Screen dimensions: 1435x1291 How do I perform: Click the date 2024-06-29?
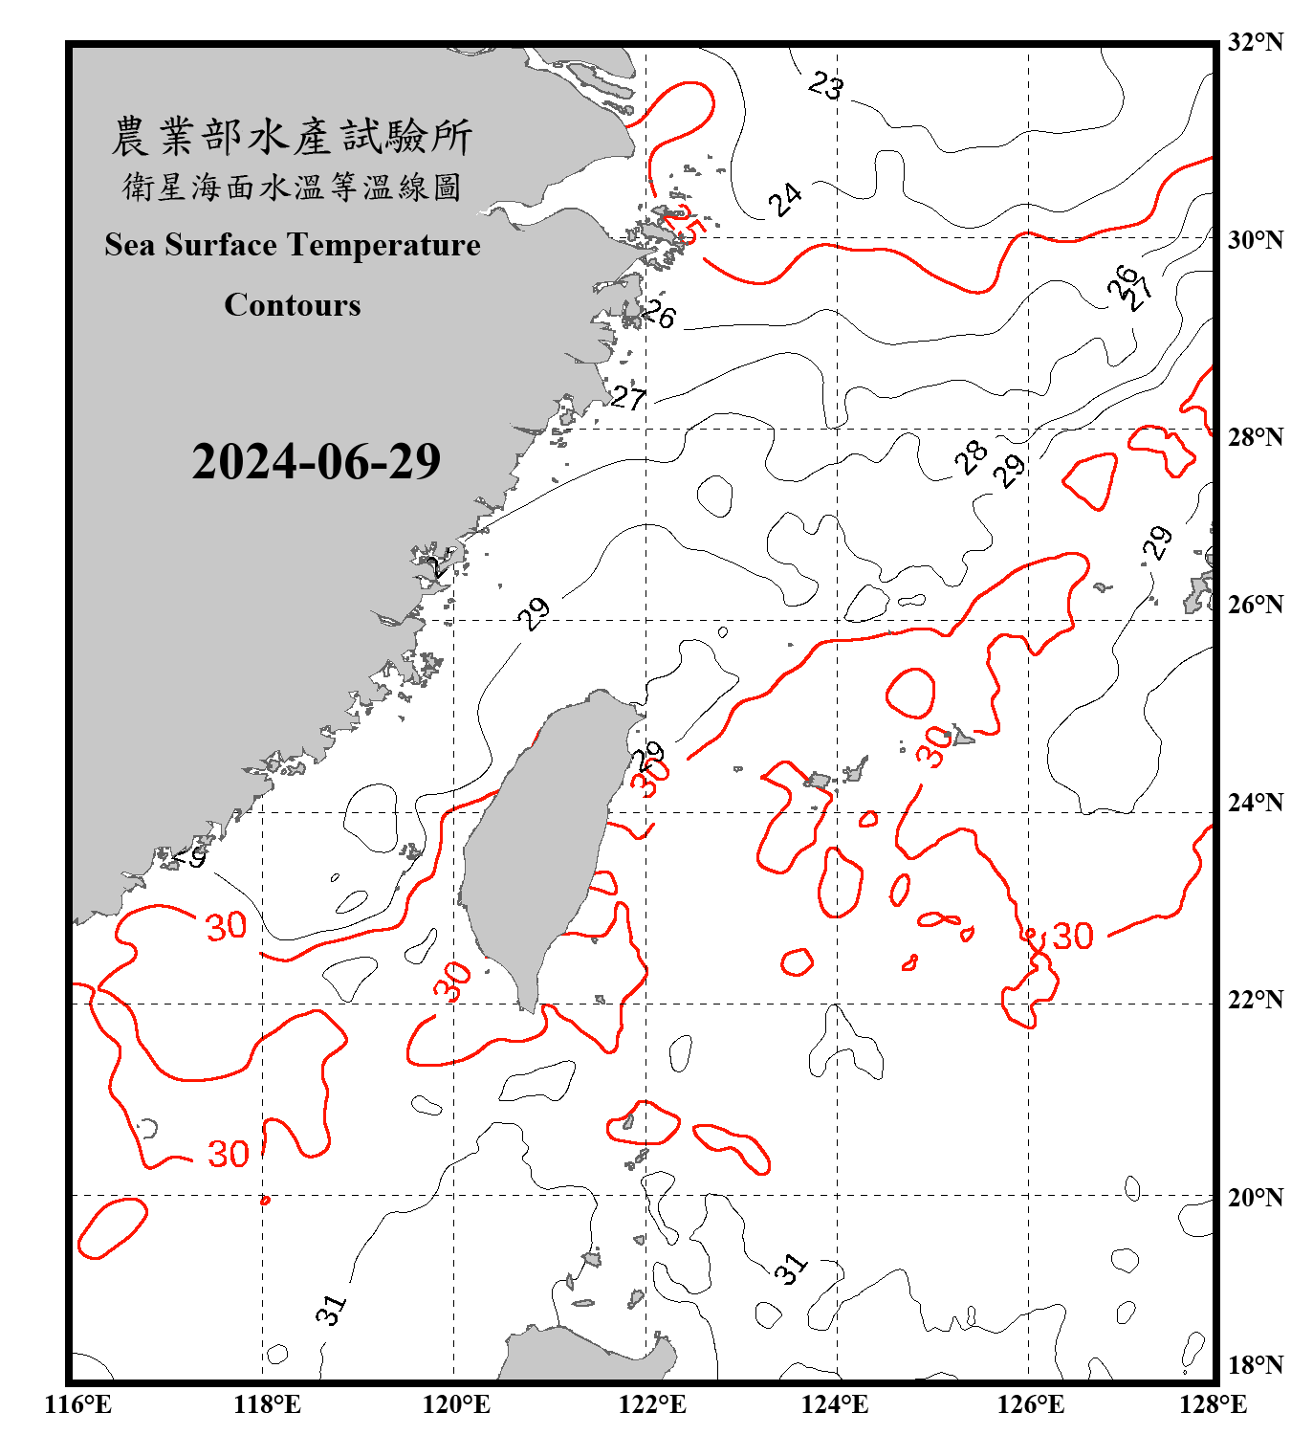(316, 462)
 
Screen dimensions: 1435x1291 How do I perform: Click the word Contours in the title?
(293, 305)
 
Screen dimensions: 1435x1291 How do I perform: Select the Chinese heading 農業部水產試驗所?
(292, 136)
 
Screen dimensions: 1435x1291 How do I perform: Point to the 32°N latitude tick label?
(1255, 42)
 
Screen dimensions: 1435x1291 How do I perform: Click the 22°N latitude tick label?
(1255, 1000)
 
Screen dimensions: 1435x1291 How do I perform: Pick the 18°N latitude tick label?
(1255, 1365)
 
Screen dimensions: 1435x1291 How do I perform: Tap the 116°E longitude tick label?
(78, 1404)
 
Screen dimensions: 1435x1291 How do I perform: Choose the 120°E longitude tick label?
(456, 1404)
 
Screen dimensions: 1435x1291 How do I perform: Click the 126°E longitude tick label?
(1030, 1404)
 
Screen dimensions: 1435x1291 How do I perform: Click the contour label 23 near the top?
(826, 86)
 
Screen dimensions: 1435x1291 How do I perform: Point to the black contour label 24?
(785, 199)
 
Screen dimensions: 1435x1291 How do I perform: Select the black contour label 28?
(972, 457)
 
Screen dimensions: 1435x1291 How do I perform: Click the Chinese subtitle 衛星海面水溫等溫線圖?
(292, 188)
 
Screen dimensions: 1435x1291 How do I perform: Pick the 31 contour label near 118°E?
(331, 1309)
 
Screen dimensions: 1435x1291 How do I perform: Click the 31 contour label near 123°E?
(791, 1269)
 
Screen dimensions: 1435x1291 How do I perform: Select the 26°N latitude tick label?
(1255, 605)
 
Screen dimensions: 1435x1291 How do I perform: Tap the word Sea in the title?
(130, 245)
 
